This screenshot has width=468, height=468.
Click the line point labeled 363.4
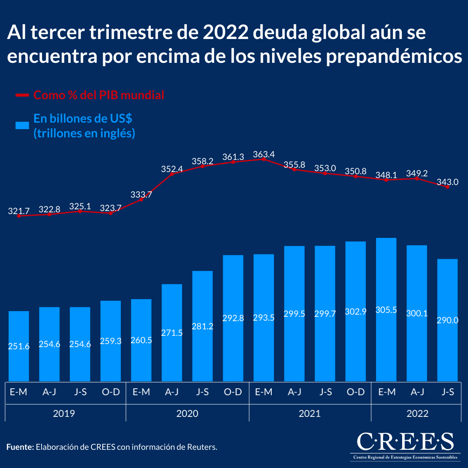pyautogui.click(x=263, y=159)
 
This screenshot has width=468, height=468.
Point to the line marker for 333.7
pyautogui.click(x=141, y=199)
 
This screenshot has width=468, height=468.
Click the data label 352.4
pyautogui.click(x=172, y=169)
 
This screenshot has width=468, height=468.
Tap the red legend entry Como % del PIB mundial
pyautogui.click(x=99, y=95)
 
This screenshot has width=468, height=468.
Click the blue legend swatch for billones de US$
pyautogui.click(x=22, y=126)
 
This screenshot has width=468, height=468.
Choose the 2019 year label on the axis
pyautogui.click(x=64, y=413)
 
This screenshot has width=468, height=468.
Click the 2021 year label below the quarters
pyautogui.click(x=310, y=413)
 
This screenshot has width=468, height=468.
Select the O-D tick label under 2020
pyautogui.click(x=233, y=392)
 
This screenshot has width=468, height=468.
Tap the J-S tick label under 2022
pyautogui.click(x=448, y=392)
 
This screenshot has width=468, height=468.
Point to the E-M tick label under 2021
pyautogui.click(x=263, y=392)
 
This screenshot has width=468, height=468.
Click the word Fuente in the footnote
pyautogui.click(x=20, y=447)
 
